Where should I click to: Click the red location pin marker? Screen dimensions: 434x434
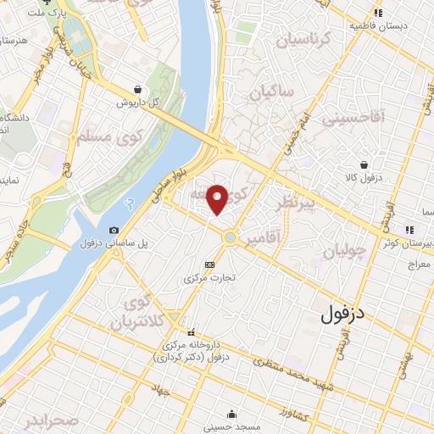[218, 198]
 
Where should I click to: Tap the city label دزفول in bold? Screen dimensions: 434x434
[348, 314]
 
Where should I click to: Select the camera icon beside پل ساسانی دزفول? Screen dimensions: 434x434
[114, 231]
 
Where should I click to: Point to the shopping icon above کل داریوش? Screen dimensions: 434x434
[138, 88]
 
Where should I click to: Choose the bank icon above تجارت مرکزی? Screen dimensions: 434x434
[209, 264]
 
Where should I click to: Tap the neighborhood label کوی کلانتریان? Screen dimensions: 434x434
[136, 313]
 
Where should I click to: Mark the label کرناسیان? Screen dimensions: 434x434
[298, 39]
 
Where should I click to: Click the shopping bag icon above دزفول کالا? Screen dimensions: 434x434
[364, 164]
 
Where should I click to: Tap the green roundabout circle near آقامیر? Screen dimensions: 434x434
[230, 238]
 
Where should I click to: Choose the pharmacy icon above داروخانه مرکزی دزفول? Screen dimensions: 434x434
[191, 331]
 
